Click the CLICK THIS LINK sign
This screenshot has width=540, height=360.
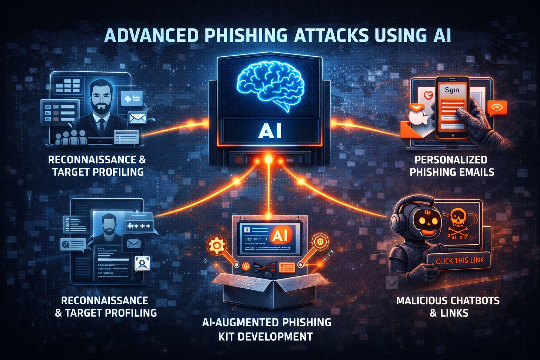point(460,261)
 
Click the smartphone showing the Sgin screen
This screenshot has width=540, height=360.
point(452,107)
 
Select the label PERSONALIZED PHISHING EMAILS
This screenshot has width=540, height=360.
point(452,166)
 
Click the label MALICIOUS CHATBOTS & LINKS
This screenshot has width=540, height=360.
point(448,307)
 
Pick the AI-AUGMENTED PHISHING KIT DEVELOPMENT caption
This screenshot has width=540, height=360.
point(266,329)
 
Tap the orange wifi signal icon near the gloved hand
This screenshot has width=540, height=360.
point(497,108)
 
